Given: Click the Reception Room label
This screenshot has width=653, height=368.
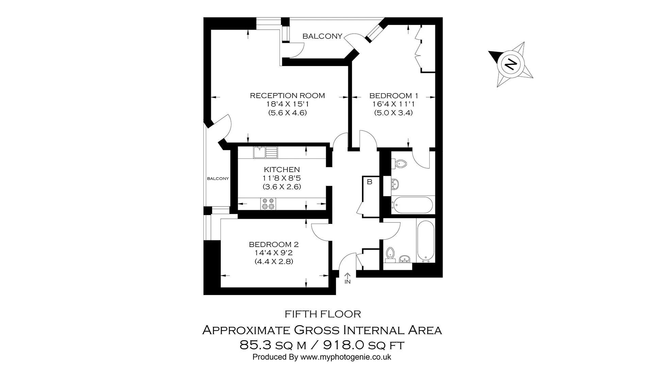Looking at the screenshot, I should click(287, 96).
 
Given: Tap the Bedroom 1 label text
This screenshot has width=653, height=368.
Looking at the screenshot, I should click(394, 96).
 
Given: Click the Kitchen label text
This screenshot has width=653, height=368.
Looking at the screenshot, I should click(282, 170).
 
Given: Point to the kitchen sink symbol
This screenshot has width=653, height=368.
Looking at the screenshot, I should click(265, 152).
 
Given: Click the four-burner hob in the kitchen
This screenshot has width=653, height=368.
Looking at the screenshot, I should click(268, 204).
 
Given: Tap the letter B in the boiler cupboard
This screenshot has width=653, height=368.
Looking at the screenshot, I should click(369, 182).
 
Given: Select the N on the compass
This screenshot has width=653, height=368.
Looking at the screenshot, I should click(510, 64).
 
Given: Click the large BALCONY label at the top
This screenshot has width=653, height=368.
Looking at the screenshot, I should click(322, 36).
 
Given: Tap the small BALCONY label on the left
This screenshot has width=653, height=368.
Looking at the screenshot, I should click(218, 179).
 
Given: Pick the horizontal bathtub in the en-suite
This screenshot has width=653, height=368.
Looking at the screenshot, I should click(412, 205).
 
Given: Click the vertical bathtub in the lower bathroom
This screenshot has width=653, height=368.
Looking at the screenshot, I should click(425, 241).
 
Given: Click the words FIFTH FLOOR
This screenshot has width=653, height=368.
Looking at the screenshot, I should click(322, 314).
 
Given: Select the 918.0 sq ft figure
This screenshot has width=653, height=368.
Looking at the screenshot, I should click(364, 346).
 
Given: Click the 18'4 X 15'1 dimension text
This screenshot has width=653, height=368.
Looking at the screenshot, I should click(287, 104).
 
